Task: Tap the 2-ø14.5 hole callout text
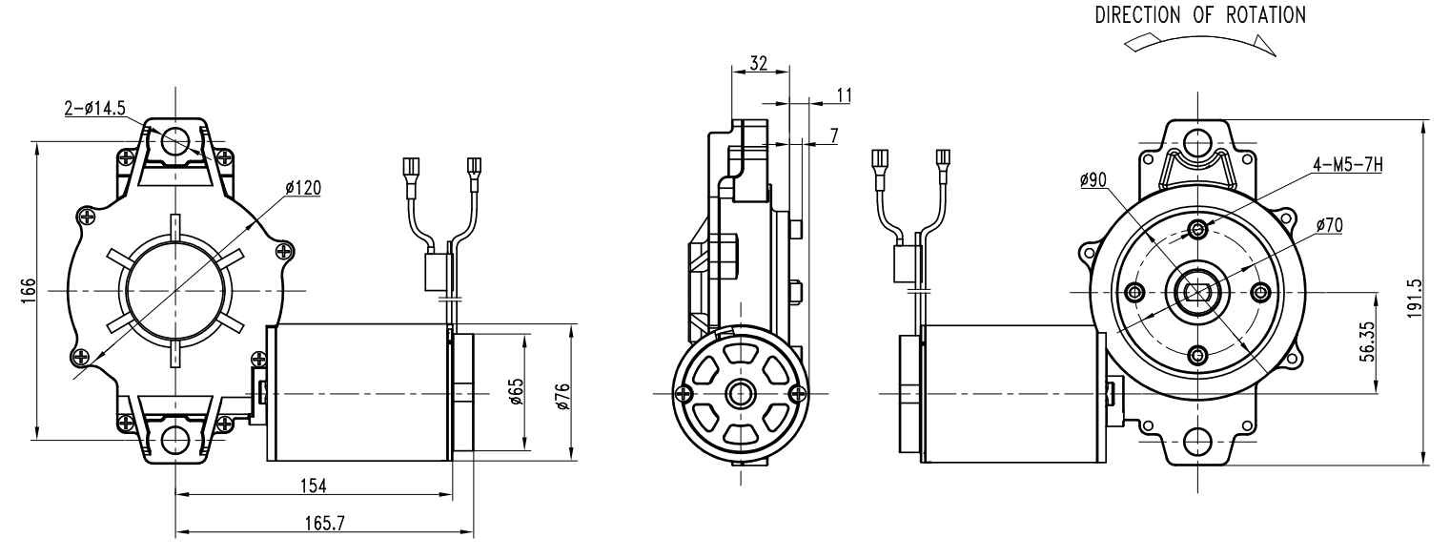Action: click(95, 108)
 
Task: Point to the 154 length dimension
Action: click(314, 486)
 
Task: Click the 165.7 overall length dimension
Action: click(324, 524)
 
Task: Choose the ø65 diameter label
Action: click(517, 391)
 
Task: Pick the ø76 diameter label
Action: click(562, 397)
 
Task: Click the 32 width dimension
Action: click(759, 63)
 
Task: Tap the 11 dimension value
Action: click(844, 95)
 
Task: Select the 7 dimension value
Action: click(834, 136)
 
